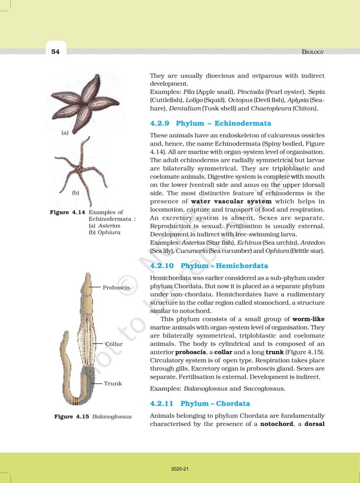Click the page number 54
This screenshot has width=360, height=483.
pos(56,52)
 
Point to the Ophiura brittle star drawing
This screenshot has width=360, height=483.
pos(81,168)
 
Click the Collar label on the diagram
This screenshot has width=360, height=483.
pos(114,344)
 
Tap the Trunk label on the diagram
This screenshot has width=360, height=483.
pos(113,383)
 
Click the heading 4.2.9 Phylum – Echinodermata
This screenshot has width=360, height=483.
pos(210,123)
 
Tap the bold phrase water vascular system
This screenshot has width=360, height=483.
pos(231,201)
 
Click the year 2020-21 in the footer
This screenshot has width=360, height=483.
pos(180,469)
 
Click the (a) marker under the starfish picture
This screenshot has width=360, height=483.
pos(65,133)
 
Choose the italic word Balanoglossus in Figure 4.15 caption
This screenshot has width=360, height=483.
pos(112,417)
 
